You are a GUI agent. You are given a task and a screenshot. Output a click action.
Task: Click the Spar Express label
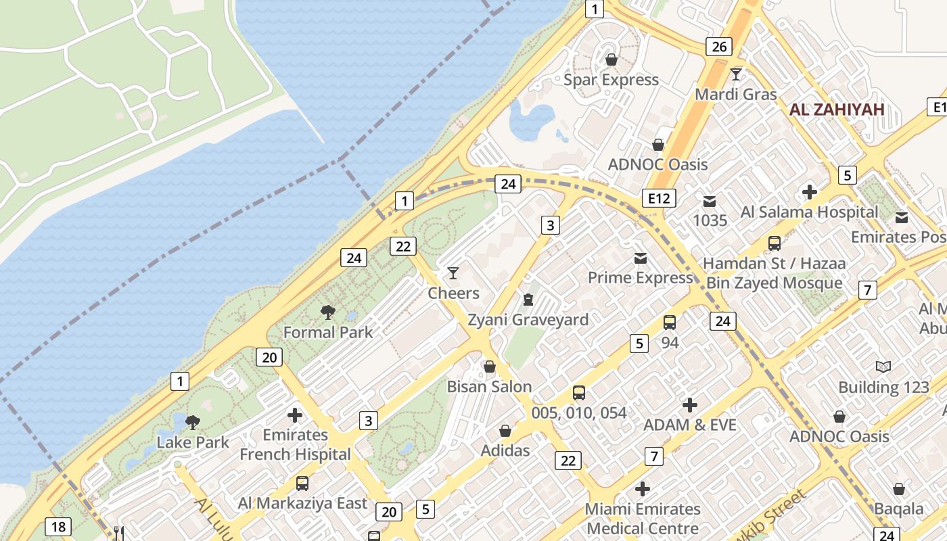point(611,80)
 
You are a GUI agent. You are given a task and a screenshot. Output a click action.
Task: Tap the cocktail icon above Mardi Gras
point(736,74)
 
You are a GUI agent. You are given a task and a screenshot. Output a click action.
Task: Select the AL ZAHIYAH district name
point(837,110)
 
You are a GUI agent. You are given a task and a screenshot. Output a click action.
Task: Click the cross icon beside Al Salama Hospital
point(809,192)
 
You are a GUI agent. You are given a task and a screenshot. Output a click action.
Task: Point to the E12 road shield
point(659,198)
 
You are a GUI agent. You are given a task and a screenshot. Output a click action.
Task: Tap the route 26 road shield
point(718,47)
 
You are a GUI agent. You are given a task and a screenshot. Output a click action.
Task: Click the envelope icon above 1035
point(710,201)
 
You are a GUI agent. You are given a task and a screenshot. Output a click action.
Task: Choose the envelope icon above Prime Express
point(640,258)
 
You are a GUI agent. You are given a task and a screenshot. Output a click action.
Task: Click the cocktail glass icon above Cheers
point(453,273)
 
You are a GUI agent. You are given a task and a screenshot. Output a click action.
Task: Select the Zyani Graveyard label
point(528,320)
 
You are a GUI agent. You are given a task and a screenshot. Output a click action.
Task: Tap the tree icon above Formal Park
point(328,312)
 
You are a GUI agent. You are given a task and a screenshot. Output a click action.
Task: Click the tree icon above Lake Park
point(193,423)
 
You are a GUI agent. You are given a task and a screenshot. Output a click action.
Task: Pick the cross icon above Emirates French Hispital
point(295,415)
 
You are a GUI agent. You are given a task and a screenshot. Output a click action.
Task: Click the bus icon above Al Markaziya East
point(302,484)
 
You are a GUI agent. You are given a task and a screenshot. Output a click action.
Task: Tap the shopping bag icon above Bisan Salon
point(490,367)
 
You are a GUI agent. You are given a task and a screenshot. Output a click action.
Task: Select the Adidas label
point(505,450)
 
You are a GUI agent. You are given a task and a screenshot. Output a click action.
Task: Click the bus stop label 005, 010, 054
point(578,413)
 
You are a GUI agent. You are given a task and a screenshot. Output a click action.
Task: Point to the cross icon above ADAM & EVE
point(690,405)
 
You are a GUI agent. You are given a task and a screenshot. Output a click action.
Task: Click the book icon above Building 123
point(883,367)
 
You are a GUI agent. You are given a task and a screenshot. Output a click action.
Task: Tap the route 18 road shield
point(58,526)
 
